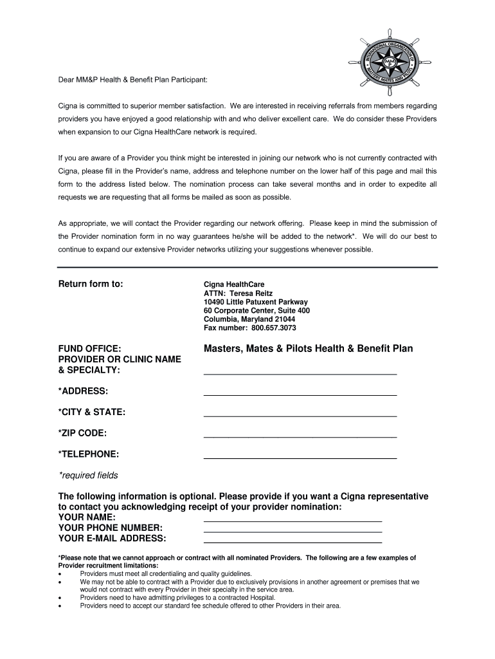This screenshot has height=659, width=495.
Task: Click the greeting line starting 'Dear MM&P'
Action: (x=133, y=80)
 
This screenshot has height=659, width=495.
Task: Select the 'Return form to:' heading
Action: (x=91, y=284)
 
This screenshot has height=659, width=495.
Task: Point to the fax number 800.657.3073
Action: (x=250, y=328)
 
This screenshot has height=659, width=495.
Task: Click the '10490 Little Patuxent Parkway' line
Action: (x=255, y=302)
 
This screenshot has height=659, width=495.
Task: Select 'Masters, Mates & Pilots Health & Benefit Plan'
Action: (x=308, y=348)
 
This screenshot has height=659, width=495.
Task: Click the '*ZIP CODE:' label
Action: (x=82, y=433)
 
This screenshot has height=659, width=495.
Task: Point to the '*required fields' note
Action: (x=88, y=476)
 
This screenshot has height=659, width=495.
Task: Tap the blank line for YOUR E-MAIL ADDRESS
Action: (x=292, y=541)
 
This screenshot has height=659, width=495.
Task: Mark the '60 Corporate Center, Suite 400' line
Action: (x=256, y=310)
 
